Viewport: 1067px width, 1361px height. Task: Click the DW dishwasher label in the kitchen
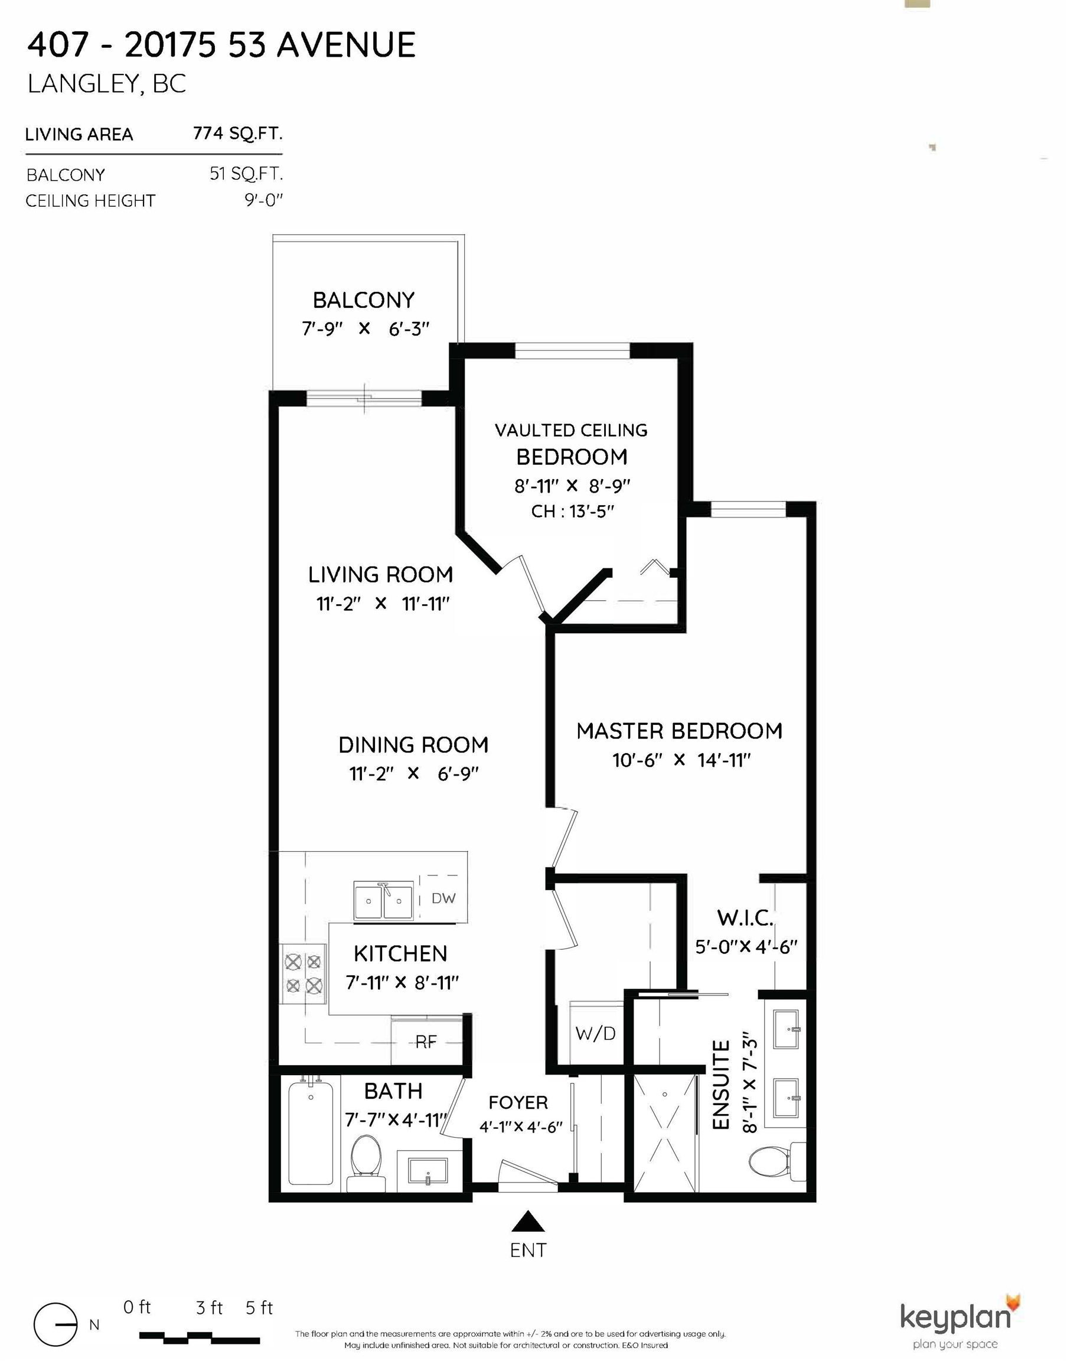click(443, 898)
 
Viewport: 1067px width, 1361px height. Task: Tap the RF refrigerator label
click(426, 1041)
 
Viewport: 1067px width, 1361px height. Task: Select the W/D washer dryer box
click(595, 1034)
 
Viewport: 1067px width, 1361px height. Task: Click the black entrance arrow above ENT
click(528, 1221)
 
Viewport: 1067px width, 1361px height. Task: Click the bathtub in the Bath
click(311, 1132)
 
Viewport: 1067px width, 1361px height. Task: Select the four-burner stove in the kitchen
click(304, 973)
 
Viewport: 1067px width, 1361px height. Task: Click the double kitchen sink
click(384, 901)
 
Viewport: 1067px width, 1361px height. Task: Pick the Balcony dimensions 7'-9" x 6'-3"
click(366, 328)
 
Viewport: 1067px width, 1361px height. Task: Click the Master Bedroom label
click(679, 731)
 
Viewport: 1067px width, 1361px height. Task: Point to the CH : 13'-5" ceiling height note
click(572, 511)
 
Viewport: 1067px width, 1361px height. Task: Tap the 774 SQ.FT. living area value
click(237, 133)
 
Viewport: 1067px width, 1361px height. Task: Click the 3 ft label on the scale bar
click(209, 1307)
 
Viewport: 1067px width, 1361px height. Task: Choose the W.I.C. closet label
click(745, 918)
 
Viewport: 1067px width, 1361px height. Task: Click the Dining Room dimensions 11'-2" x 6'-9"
click(413, 774)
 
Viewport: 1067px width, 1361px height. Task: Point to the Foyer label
click(518, 1102)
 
